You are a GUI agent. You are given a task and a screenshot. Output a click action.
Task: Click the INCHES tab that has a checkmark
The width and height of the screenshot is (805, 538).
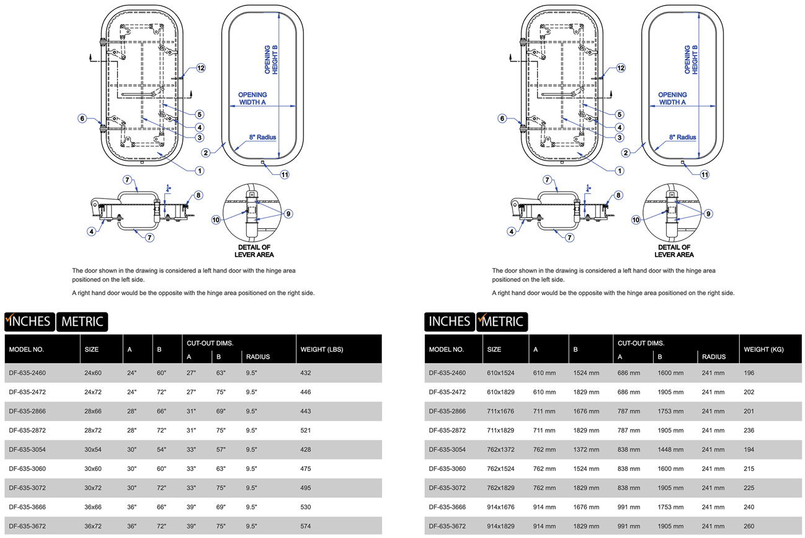point(29,321)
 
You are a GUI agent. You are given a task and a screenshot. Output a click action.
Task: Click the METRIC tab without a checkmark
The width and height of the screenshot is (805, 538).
point(82,321)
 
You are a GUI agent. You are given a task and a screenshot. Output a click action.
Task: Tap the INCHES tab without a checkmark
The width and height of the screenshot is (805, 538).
point(450,321)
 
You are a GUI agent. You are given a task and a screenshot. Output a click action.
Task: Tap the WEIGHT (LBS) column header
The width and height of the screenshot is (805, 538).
point(321,349)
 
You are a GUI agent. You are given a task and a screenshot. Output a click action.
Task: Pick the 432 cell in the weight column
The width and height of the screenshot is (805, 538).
point(305,373)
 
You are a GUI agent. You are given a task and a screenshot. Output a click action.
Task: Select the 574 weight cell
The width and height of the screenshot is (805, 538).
point(305,526)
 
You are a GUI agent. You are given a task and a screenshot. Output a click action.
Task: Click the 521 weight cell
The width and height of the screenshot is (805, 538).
point(305,430)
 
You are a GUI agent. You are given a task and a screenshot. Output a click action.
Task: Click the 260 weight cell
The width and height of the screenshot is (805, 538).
point(749,526)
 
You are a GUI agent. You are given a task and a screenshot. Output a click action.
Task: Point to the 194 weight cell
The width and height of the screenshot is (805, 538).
point(749,449)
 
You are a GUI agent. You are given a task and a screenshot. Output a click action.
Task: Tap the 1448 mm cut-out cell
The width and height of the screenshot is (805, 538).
point(670,449)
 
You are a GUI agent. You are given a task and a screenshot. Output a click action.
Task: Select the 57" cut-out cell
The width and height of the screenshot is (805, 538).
point(220,449)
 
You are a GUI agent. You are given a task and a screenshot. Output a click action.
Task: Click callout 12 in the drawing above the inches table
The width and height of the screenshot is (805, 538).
point(201,68)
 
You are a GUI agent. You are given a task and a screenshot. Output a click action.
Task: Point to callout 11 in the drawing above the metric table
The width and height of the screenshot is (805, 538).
point(705,174)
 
